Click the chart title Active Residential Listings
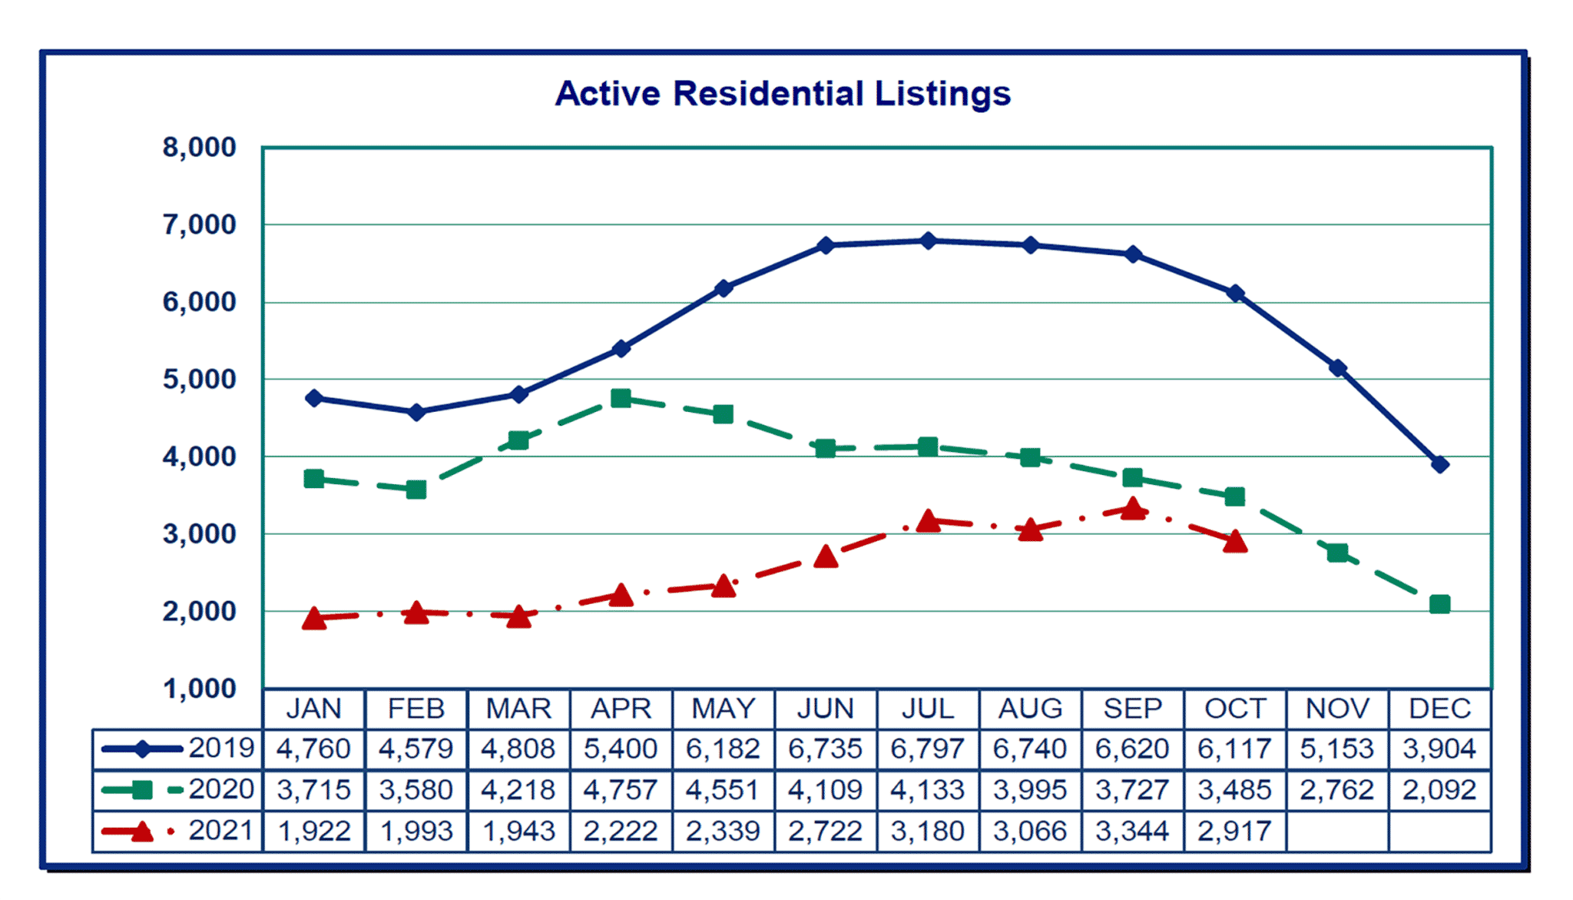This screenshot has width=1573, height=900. coord(783,94)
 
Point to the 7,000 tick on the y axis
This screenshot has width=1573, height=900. coord(199,225)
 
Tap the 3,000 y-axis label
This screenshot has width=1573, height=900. coord(199,534)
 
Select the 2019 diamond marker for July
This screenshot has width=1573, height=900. coord(928,241)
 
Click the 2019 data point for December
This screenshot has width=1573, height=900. coord(1439,464)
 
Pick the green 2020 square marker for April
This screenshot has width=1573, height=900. coord(621,398)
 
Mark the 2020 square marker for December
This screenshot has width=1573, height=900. coord(1439,604)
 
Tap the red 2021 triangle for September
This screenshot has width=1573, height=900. coord(1132,509)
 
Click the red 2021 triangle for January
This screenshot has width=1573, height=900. coord(313,618)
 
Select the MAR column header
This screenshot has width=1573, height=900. coord(518,709)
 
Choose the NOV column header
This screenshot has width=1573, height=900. coord(1337,709)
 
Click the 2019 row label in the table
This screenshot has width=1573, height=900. coord(221,749)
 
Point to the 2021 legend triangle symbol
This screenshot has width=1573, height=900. coord(141,831)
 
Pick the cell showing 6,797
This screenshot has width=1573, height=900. coord(928,749)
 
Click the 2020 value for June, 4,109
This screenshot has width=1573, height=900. coord(826,790)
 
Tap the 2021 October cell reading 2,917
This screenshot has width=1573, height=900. coord(1235,831)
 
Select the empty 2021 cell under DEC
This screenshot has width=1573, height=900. coord(1439,831)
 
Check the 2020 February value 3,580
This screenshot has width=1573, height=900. coord(416,790)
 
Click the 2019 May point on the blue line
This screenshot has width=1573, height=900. coord(723,288)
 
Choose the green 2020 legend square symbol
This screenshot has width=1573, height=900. coord(142,790)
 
